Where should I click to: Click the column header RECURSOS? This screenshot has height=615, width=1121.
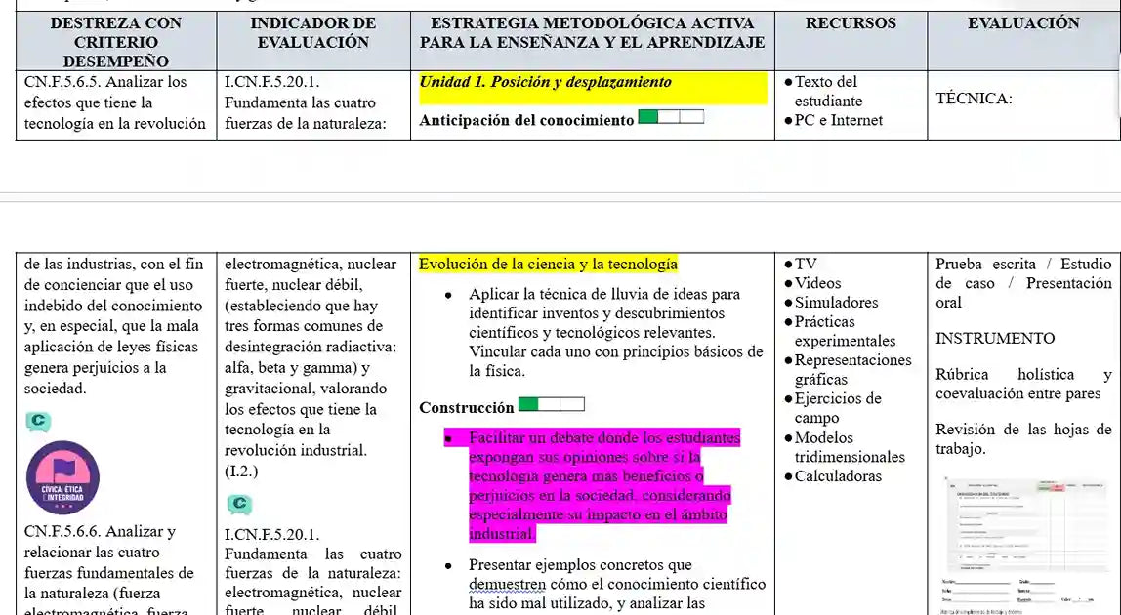coord(850,23)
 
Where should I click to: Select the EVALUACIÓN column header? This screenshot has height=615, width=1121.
coord(1023,23)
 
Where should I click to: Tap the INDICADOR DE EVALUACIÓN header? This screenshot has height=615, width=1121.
coord(312,32)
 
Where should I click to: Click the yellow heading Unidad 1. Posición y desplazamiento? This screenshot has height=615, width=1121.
coord(545,83)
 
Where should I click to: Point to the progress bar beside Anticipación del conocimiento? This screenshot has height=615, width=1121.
coord(671,118)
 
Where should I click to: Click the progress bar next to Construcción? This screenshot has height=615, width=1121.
coord(552,405)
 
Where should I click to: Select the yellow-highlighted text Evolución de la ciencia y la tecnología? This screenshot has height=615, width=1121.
coord(548,265)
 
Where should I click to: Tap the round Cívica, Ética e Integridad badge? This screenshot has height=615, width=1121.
coord(62,478)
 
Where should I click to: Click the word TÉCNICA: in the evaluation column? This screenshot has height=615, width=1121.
coord(974,99)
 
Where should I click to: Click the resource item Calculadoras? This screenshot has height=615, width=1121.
coord(838,476)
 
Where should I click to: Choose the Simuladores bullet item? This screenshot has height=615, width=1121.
coord(836,303)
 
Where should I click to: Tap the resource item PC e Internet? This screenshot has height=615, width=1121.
coord(838,121)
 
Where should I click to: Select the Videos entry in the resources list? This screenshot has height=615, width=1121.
coord(817,283)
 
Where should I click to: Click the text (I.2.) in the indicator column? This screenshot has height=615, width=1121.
coord(242,471)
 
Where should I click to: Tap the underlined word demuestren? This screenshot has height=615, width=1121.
coord(507,584)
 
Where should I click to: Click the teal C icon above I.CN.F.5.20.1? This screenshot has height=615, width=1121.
coord(238,504)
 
